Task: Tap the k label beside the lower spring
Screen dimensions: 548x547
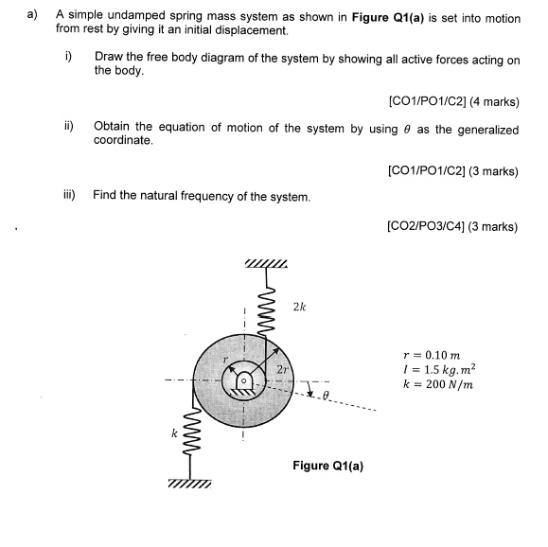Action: point(174,434)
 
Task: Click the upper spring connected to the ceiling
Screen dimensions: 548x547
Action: point(268,304)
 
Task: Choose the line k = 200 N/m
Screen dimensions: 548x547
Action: point(438,385)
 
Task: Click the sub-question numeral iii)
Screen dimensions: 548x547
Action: point(70,196)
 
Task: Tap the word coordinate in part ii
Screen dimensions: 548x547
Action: point(122,141)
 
